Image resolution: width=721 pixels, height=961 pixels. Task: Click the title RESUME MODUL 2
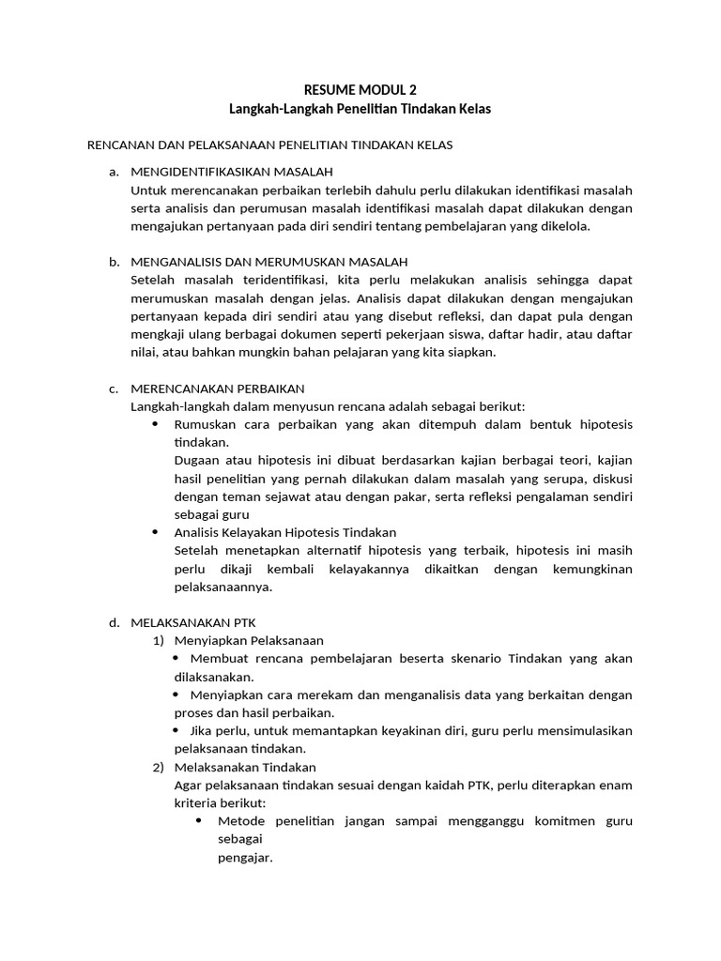(x=360, y=90)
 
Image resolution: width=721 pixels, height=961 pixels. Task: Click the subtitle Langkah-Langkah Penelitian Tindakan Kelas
(x=360, y=109)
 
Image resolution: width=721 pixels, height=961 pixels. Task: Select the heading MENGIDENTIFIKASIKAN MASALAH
(x=232, y=172)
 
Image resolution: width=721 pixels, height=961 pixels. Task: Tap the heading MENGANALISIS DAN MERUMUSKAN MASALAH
(x=269, y=261)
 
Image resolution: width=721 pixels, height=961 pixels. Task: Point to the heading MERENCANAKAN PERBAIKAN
(x=218, y=388)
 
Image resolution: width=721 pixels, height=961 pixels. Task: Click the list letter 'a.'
(x=115, y=172)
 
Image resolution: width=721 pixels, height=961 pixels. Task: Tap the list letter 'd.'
(x=115, y=622)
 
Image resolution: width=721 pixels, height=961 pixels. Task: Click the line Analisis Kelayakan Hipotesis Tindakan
(x=285, y=532)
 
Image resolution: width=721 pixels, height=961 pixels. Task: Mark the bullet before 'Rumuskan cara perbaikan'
(x=156, y=424)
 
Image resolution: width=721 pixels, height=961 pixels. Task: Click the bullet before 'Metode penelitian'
(x=199, y=820)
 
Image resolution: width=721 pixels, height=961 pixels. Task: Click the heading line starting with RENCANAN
(x=270, y=145)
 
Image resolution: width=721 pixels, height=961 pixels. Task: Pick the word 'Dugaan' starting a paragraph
(x=197, y=460)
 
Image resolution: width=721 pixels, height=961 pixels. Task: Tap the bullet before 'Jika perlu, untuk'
(x=179, y=729)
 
